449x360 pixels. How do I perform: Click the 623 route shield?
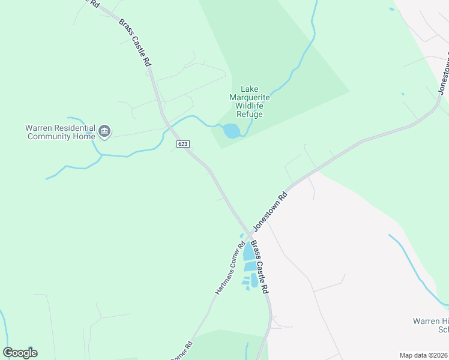point(183,145)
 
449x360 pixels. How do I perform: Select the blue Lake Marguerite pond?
point(232,131)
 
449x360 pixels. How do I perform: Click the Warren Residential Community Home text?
point(60,132)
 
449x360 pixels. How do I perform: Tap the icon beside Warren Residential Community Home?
point(104,131)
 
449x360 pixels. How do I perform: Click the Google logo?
point(20,353)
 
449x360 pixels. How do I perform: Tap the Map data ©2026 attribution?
point(423,355)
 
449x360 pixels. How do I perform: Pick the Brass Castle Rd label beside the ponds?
point(259,266)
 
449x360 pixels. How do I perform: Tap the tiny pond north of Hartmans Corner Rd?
point(242,235)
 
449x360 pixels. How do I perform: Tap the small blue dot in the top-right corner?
point(392,9)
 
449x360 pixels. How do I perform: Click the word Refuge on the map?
point(250,113)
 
